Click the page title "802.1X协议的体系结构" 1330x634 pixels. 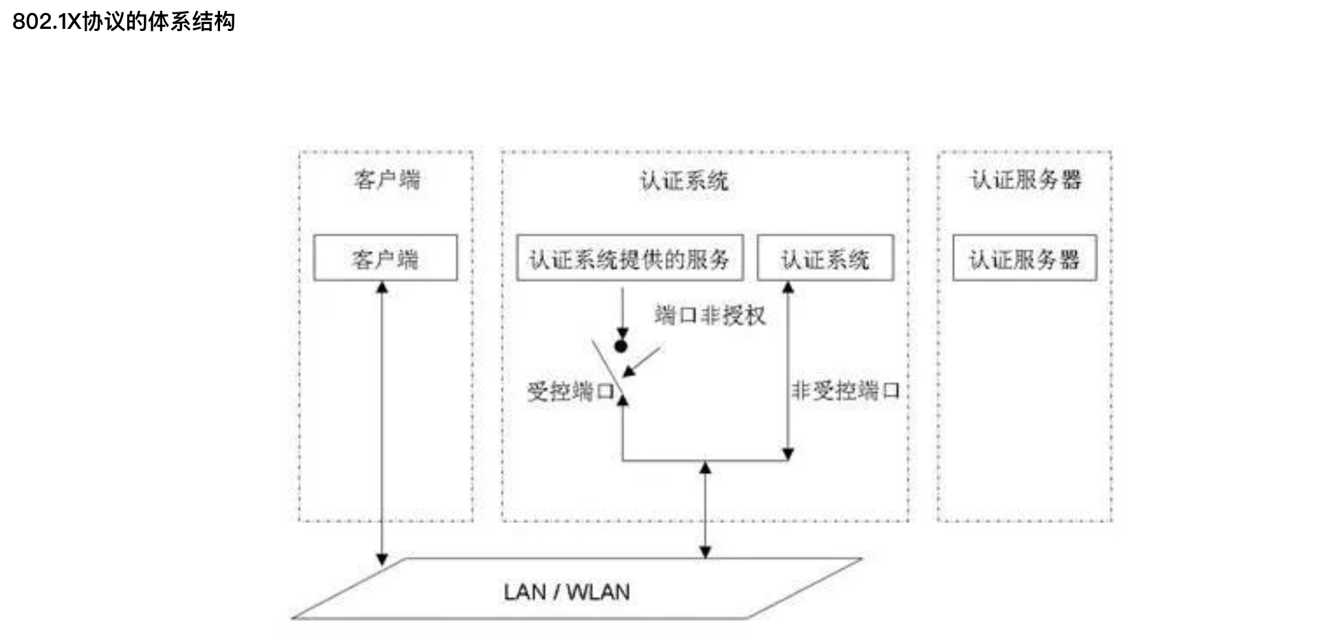pyautogui.click(x=124, y=22)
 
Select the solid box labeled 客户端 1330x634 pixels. pyautogui.click(x=385, y=258)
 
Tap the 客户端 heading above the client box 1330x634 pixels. pyautogui.click(x=386, y=180)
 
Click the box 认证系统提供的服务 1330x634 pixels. pyautogui.click(x=629, y=258)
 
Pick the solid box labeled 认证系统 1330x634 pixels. pyautogui.click(x=825, y=258)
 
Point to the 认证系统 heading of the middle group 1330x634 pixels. pyautogui.click(x=684, y=181)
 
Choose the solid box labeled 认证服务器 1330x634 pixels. pyautogui.click(x=1024, y=258)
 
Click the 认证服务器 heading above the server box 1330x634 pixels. pyautogui.click(x=1025, y=180)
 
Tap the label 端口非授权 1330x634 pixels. pyautogui.click(x=710, y=316)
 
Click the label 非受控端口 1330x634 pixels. pyautogui.click(x=845, y=391)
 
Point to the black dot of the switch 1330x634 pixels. pyautogui.click(x=621, y=347)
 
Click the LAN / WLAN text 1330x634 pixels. pyautogui.click(x=567, y=592)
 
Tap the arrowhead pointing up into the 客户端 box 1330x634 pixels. pyautogui.click(x=382, y=287)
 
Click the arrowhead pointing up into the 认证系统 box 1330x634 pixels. pyautogui.click(x=788, y=287)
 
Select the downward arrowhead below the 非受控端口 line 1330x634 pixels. pyautogui.click(x=788, y=454)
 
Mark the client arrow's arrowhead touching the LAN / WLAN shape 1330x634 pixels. pyautogui.click(x=382, y=560)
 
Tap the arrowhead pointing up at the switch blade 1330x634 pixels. pyautogui.click(x=622, y=400)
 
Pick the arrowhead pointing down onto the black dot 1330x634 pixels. pyautogui.click(x=622, y=334)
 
